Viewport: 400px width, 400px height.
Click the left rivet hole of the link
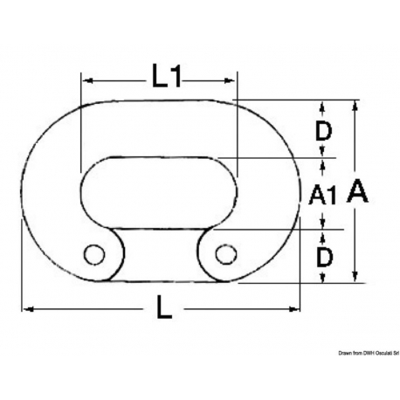click(92, 254)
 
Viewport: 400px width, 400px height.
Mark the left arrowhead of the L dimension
click(26, 308)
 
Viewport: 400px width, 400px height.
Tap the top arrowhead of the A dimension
click(355, 107)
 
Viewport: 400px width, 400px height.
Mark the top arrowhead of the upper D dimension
click(323, 107)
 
